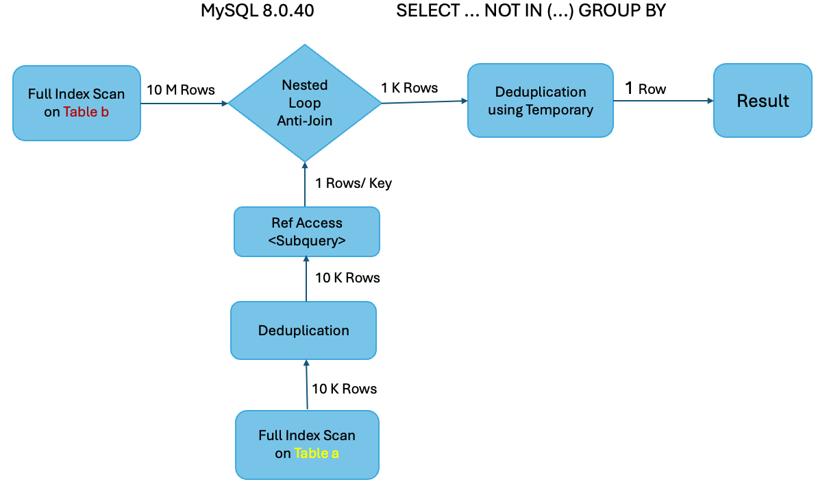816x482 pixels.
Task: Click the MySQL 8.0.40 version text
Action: tap(257, 11)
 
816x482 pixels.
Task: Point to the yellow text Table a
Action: tap(316, 453)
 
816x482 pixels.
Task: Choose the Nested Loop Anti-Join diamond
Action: tap(304, 103)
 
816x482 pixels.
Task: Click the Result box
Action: tap(763, 101)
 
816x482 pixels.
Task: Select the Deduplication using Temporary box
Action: tap(540, 101)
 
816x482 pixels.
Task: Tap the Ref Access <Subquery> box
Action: tap(306, 232)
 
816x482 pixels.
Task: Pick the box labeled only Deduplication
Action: tap(304, 330)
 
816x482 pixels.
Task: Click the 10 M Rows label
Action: tap(181, 90)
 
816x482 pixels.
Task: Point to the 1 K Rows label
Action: tap(410, 88)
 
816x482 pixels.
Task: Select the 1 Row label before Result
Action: tap(645, 88)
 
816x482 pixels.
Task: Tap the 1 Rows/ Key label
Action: tap(353, 183)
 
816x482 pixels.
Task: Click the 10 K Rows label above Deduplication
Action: tap(347, 278)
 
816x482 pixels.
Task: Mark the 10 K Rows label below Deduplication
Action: tap(344, 389)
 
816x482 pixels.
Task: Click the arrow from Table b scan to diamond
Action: tap(184, 104)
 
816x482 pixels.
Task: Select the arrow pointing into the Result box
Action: tap(663, 101)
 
